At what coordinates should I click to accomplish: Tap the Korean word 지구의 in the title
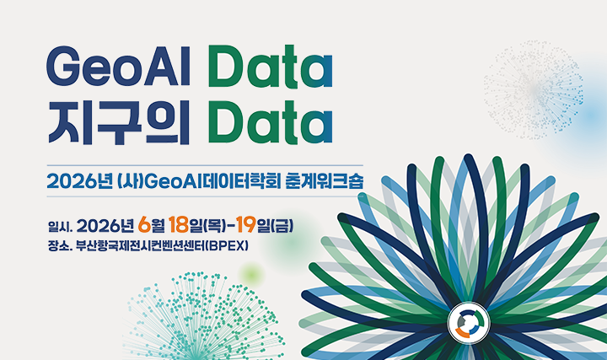pyautogui.click(x=117, y=122)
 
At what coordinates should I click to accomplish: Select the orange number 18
pyautogui.click(x=178, y=226)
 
